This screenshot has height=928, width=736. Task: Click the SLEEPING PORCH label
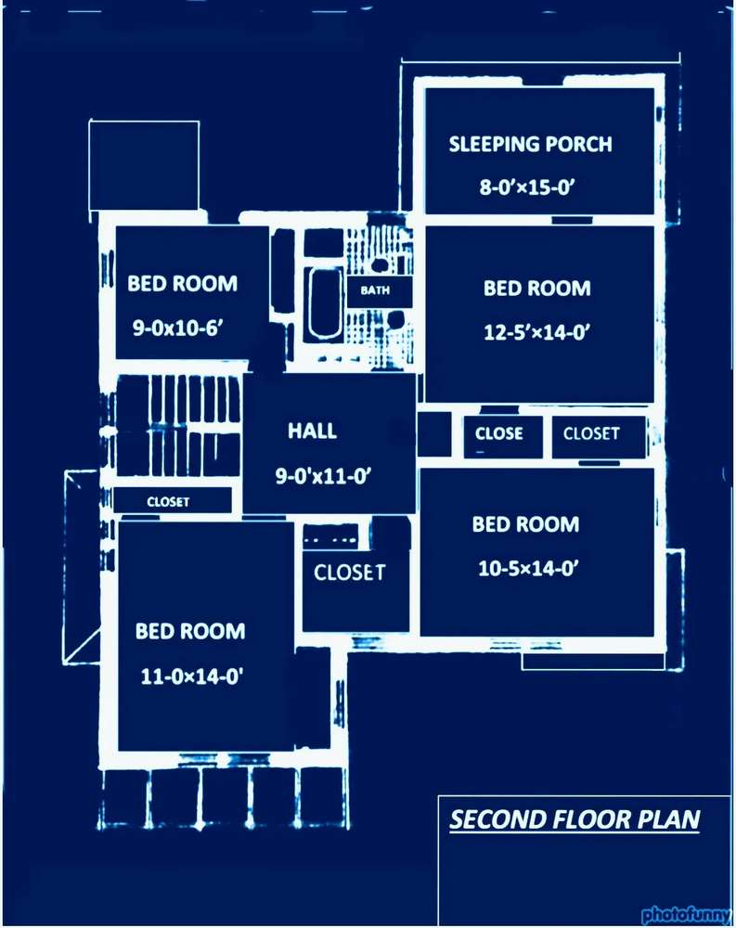coord(531,144)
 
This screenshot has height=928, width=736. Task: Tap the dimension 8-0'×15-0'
coord(527,187)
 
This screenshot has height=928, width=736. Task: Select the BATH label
coord(375,290)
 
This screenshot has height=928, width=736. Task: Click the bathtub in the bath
coord(324,304)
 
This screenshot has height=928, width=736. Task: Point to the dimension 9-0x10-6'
coord(177,327)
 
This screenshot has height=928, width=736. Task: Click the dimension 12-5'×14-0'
coord(536,331)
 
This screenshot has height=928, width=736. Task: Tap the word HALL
coord(312,431)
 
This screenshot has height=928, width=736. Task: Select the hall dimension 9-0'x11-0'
coord(323,475)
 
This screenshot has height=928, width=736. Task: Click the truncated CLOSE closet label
coord(498,433)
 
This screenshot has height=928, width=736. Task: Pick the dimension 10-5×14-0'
coord(528,568)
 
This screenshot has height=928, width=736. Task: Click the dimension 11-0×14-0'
coord(192,676)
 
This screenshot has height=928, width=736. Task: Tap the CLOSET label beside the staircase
coord(168,502)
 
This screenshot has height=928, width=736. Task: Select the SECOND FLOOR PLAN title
coord(575,819)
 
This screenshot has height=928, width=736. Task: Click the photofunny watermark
coord(686,914)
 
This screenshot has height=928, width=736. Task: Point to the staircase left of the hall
coord(178,426)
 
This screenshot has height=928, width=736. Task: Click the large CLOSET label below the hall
coord(349,573)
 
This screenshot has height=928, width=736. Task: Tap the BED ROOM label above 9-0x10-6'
coord(182,283)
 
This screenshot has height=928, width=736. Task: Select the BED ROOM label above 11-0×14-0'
coord(190,631)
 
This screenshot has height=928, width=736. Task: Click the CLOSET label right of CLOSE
coord(591,433)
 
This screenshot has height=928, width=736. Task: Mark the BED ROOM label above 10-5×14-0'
coord(526,524)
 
